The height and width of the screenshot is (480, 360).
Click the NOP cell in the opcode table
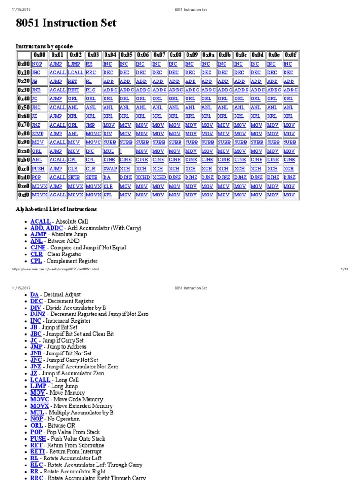[37, 64]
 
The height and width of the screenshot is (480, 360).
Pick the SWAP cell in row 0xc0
[110, 169]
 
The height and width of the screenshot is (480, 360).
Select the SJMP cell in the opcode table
[37, 134]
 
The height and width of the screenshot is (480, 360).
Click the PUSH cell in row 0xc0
[38, 169]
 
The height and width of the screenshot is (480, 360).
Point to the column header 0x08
[175, 55]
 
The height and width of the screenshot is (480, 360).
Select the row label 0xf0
[23, 195]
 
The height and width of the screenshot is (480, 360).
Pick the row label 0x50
[23, 107]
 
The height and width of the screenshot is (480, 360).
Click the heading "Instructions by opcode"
[45, 46]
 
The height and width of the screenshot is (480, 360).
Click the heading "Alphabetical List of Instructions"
[56, 209]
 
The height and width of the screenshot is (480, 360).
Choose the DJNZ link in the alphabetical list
[39, 315]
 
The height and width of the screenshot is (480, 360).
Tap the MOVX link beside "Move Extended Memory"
[39, 406]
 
